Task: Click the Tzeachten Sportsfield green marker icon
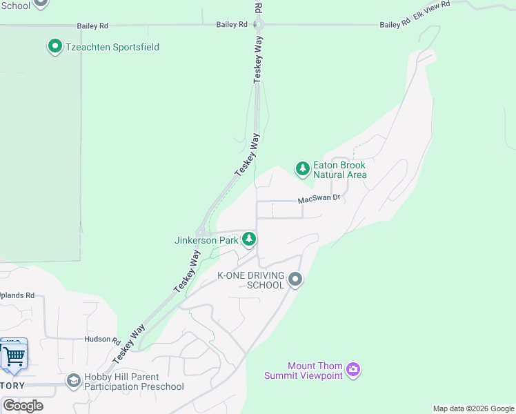point(54,47)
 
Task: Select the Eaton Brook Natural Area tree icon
point(302,168)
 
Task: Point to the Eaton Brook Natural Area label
point(339,170)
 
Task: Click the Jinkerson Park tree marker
point(249,240)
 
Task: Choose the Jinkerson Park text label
point(206,241)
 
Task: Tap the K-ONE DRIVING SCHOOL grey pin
point(295,279)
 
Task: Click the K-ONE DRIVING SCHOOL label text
point(251,280)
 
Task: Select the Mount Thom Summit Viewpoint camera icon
point(353,371)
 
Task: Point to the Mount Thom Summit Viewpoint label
point(304,371)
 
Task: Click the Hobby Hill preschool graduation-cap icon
point(73,381)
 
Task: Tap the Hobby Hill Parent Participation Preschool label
point(134,382)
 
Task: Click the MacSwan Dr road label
point(319,199)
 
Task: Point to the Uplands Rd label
point(17,295)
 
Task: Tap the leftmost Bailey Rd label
point(92,26)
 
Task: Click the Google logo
point(23,406)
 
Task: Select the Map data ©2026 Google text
point(473,408)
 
